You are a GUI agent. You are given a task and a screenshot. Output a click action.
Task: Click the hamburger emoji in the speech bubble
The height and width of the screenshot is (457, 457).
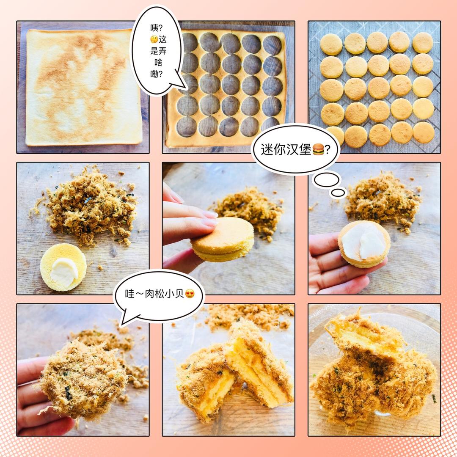tap(318, 149)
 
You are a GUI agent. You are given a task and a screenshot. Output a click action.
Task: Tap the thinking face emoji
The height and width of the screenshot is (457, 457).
tap(154, 39)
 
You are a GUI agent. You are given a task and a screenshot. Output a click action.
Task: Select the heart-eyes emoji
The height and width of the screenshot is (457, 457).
tap(190, 294)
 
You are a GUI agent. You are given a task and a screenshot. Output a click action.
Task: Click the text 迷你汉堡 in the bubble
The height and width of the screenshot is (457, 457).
tap(286, 149)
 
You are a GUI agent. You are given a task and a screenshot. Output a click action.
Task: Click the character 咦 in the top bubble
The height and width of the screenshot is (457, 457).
tap(154, 28)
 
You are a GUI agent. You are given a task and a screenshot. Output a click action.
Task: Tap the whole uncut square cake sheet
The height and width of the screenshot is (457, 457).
tap(84, 87)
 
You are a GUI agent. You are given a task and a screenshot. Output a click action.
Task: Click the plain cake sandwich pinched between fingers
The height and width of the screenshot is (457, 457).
tap(222, 240)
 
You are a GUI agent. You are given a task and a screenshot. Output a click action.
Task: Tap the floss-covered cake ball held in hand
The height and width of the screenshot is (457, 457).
tap(83, 380)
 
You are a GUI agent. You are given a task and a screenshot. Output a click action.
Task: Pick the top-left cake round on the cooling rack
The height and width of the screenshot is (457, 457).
tap(331, 44)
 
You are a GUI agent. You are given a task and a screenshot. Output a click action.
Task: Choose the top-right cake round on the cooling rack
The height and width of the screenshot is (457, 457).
tap(423, 43)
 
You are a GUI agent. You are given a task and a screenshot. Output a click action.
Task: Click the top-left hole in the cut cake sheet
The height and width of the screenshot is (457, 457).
tap(189, 42)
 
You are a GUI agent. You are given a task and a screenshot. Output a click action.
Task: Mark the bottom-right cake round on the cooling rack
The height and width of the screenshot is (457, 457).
tap(424, 132)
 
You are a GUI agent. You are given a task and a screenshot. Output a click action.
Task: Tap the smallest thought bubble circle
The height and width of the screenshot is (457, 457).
tap(338, 193)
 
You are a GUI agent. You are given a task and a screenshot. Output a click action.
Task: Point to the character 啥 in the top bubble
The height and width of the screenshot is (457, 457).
tap(158, 63)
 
